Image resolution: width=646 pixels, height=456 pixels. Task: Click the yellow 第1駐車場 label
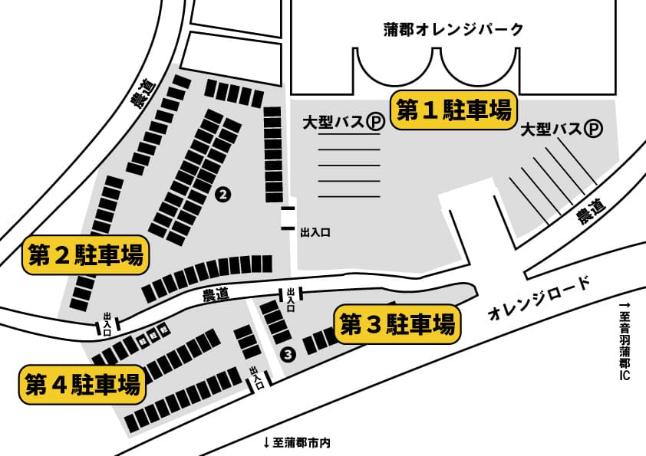[x=453, y=110]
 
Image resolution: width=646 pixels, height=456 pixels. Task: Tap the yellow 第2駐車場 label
[x=84, y=255]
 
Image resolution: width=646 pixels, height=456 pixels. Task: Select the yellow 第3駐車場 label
[x=397, y=325]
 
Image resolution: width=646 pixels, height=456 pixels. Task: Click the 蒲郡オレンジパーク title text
[x=453, y=30]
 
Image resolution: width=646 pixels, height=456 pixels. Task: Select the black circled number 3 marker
[x=288, y=354]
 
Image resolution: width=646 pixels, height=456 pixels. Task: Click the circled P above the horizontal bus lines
[x=374, y=121]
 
